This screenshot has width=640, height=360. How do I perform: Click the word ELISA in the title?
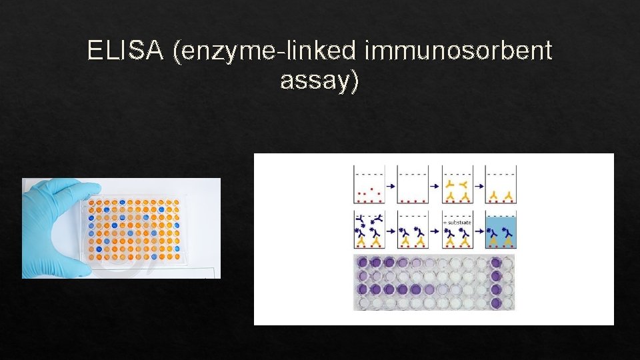tap(126, 51)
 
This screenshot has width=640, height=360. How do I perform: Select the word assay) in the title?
tap(320, 81)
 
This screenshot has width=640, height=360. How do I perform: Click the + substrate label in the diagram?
tap(457, 222)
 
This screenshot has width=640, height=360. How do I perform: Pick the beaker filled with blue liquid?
tap(501, 230)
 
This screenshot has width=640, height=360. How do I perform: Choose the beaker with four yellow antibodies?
tap(457, 184)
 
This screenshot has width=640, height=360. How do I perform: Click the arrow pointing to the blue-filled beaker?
tap(479, 231)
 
